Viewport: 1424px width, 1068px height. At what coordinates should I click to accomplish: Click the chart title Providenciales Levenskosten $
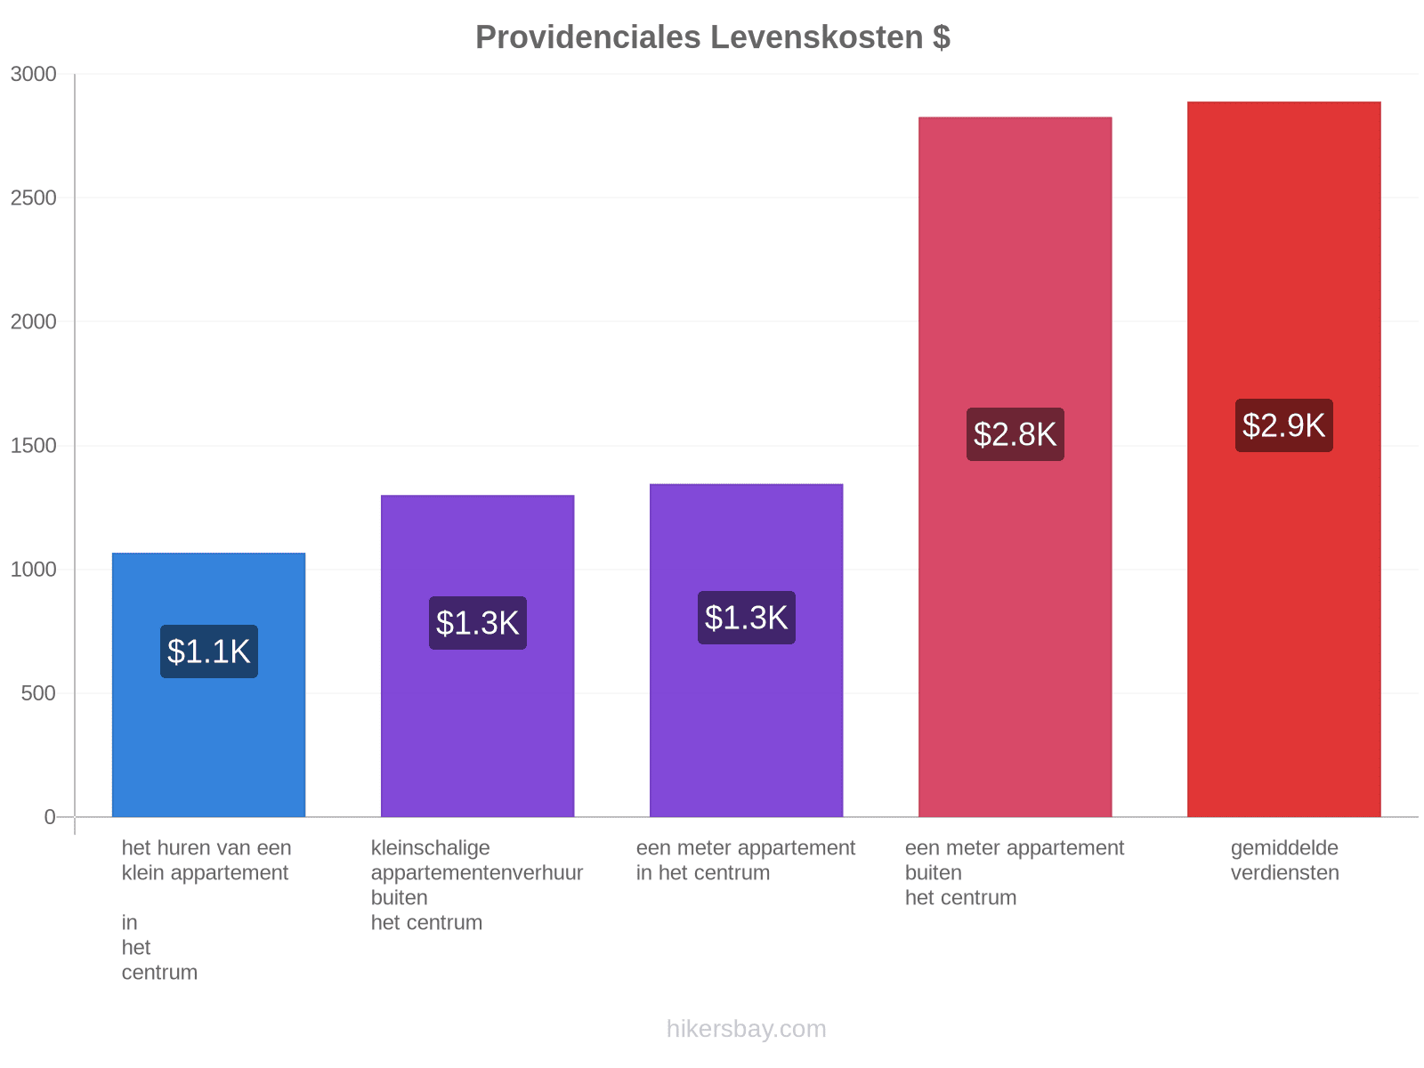pyautogui.click(x=712, y=37)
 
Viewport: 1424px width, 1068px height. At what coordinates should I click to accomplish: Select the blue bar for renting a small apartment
pyautogui.click(x=208, y=684)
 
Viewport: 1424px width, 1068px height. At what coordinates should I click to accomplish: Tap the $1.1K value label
pyautogui.click(x=209, y=651)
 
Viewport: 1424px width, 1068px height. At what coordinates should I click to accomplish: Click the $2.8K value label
pyautogui.click(x=1015, y=433)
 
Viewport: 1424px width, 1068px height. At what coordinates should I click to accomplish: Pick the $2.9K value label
pyautogui.click(x=1283, y=425)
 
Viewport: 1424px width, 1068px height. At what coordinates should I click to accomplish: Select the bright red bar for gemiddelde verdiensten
pyautogui.click(x=1283, y=458)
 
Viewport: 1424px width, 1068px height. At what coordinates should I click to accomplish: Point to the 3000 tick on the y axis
pyautogui.click(x=34, y=74)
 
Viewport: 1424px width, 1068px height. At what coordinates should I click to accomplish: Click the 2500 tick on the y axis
pyautogui.click(x=34, y=198)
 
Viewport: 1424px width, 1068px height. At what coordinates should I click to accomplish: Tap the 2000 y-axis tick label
pyautogui.click(x=34, y=321)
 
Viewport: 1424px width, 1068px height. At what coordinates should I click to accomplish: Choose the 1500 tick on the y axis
pyautogui.click(x=34, y=446)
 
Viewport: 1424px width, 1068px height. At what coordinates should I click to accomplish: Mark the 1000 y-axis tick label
pyautogui.click(x=34, y=570)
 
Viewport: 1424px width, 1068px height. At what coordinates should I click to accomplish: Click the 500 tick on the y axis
pyautogui.click(x=39, y=693)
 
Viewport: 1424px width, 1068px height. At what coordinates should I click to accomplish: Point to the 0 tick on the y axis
pyautogui.click(x=50, y=816)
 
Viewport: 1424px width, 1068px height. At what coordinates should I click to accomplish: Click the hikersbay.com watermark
pyautogui.click(x=746, y=1029)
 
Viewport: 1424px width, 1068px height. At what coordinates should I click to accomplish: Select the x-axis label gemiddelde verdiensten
pyautogui.click(x=1284, y=860)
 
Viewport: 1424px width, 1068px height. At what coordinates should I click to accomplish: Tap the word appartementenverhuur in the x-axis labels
pyautogui.click(x=477, y=873)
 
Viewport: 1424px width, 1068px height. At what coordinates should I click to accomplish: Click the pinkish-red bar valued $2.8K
pyautogui.click(x=1015, y=466)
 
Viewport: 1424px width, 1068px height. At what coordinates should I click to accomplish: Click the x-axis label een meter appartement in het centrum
pyautogui.click(x=746, y=860)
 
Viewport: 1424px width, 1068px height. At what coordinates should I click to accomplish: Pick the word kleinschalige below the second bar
pyautogui.click(x=430, y=848)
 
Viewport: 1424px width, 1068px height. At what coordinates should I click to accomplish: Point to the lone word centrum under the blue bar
pyautogui.click(x=159, y=972)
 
